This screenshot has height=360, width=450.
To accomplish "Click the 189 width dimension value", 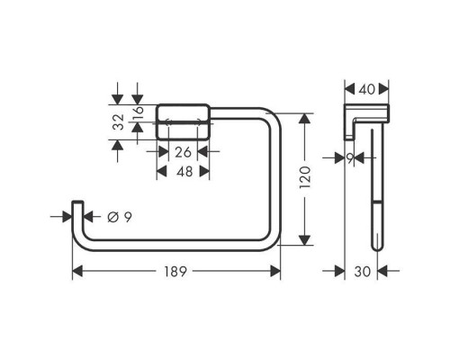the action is tap(175, 272).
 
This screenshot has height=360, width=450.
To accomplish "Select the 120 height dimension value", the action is tap(305, 177).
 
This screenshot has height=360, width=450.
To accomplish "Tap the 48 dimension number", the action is tap(184, 172).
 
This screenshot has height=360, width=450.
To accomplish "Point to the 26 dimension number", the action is tap(183, 152).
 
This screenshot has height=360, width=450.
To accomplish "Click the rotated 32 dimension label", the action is tap(118, 121).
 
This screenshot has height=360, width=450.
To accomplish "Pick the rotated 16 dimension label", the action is tap(139, 112).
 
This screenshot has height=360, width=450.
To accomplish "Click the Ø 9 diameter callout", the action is tap(120, 217).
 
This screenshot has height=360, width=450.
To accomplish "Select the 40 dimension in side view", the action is tap(367, 89).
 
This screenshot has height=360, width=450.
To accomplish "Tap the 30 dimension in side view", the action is tap(363, 272).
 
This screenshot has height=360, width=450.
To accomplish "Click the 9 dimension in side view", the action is tap(350, 158).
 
